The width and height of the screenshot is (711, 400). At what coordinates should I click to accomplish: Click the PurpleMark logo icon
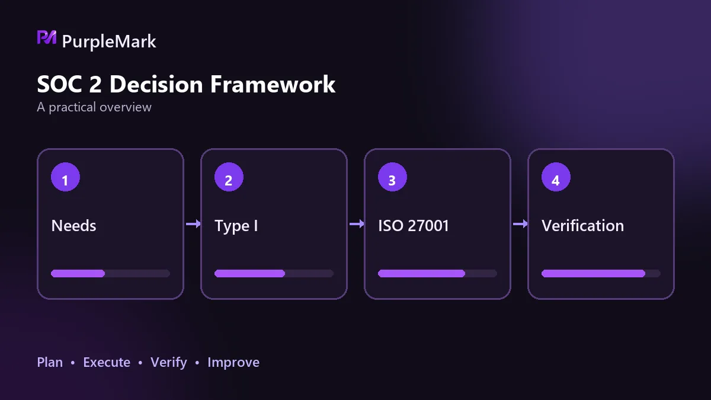pyautogui.click(x=47, y=37)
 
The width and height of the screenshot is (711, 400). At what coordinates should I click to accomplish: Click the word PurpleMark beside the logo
pyautogui.click(x=109, y=41)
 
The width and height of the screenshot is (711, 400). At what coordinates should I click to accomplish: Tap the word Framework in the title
pyautogui.click(x=273, y=84)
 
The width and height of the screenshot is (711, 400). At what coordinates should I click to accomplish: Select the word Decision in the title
pyautogui.click(x=156, y=84)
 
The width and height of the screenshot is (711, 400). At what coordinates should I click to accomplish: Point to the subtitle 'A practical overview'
pyautogui.click(x=94, y=107)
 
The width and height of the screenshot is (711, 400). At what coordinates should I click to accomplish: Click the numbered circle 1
pyautogui.click(x=65, y=177)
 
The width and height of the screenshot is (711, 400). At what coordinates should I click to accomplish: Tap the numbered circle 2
pyautogui.click(x=229, y=177)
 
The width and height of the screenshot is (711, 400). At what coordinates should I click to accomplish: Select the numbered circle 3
pyautogui.click(x=392, y=177)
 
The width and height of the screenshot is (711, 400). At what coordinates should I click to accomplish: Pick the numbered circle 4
pyautogui.click(x=556, y=177)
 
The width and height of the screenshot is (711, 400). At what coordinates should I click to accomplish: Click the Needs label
pyautogui.click(x=73, y=226)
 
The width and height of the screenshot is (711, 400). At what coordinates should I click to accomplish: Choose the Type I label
pyautogui.click(x=236, y=226)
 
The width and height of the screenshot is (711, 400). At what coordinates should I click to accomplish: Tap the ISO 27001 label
pyautogui.click(x=414, y=226)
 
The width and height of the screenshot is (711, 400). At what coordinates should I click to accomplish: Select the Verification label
pyautogui.click(x=583, y=226)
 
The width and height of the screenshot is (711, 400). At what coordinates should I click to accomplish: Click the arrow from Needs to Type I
pyautogui.click(x=193, y=224)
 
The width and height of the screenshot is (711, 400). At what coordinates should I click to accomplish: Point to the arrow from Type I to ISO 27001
pyautogui.click(x=357, y=224)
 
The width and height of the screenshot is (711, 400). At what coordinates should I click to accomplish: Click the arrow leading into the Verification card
pyautogui.click(x=520, y=224)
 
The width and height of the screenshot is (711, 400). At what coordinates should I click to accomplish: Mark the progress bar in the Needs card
pyautogui.click(x=110, y=273)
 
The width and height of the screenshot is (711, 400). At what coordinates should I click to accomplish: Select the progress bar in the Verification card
pyautogui.click(x=601, y=273)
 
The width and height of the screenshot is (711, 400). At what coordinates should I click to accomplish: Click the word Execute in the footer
pyautogui.click(x=107, y=362)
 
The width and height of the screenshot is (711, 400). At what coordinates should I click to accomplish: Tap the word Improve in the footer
pyautogui.click(x=233, y=363)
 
